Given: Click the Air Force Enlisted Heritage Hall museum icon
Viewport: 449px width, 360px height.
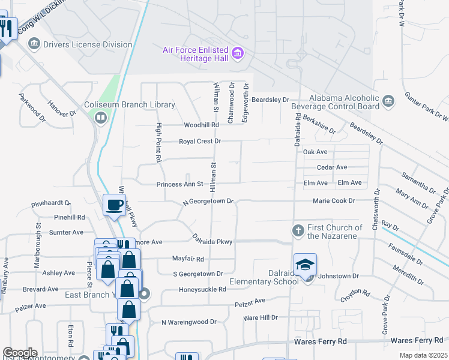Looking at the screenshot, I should click(x=238, y=54).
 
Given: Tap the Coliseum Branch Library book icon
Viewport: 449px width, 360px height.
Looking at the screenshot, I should click(x=100, y=118).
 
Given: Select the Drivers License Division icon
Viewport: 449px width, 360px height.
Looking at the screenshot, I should click(x=34, y=44).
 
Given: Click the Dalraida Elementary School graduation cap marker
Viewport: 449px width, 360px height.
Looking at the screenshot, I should click(x=305, y=265).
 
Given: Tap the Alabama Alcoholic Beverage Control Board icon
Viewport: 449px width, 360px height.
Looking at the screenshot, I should click(x=388, y=101).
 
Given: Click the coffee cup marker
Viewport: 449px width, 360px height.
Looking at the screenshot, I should click(x=115, y=205).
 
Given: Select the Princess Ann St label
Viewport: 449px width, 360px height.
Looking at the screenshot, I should click(x=181, y=184).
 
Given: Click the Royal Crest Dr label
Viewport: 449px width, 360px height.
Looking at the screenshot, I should click(x=200, y=142).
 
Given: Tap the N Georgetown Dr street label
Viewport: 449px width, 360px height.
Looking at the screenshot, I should click(x=207, y=202).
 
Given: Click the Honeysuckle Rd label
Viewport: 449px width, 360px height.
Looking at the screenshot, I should click(x=202, y=289).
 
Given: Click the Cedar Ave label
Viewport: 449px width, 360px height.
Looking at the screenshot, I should click(x=332, y=167).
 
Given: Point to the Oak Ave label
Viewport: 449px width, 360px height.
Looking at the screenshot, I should click(x=315, y=152).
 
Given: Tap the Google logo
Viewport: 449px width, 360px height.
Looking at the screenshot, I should click(x=20, y=353).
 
